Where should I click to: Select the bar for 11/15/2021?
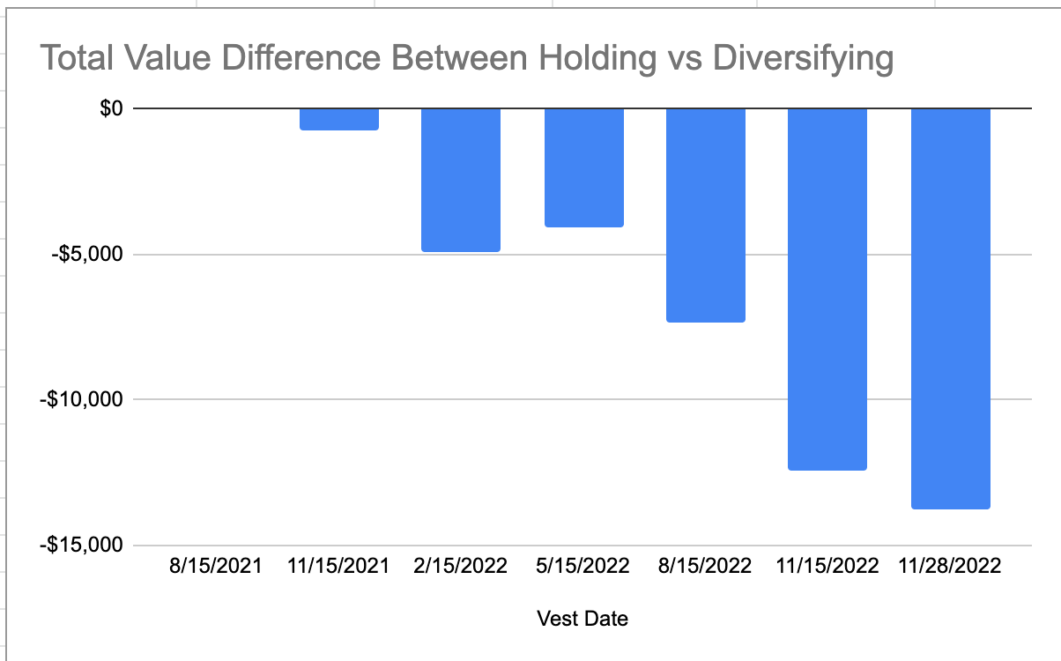click(x=339, y=119)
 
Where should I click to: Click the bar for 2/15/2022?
click(x=461, y=180)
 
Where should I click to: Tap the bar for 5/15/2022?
click(x=584, y=167)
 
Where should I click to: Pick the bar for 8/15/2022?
click(x=706, y=215)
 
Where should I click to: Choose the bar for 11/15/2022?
click(x=827, y=289)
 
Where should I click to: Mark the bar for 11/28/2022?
click(x=951, y=308)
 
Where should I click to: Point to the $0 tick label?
click(x=110, y=108)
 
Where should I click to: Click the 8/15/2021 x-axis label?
click(x=217, y=566)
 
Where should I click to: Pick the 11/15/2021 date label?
click(x=338, y=566)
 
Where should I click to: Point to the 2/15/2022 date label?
click(x=461, y=566)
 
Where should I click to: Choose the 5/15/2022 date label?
click(x=583, y=566)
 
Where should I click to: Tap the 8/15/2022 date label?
click(x=706, y=566)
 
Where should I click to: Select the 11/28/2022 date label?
click(x=950, y=566)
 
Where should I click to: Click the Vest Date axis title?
click(x=582, y=619)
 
